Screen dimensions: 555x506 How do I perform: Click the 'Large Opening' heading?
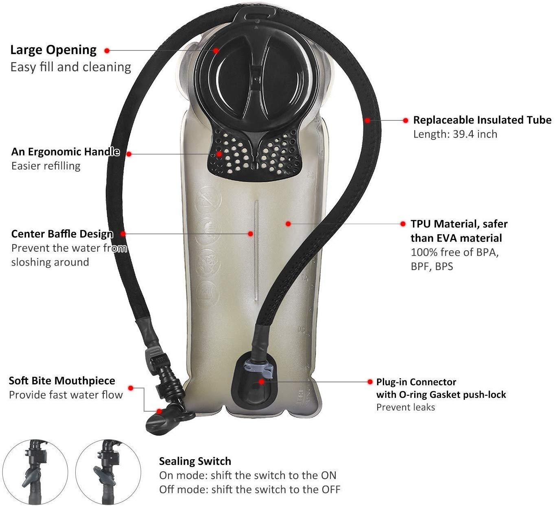(53, 50)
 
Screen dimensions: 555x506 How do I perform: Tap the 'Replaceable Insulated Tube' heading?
(482, 120)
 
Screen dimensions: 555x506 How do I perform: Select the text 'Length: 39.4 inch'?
(455, 134)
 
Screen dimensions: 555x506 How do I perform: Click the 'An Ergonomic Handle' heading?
(66, 152)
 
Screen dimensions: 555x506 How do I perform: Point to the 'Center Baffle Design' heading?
(62, 234)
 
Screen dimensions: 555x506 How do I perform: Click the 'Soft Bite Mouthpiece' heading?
(62, 381)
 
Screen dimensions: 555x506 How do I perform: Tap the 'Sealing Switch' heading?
(195, 461)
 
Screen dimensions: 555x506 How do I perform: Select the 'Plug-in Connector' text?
(416, 382)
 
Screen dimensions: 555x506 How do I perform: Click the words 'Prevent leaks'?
(405, 407)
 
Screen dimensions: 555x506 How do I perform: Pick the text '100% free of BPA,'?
(454, 252)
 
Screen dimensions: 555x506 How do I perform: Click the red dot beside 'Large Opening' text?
(107, 50)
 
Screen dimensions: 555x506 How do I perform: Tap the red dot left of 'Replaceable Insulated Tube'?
(405, 120)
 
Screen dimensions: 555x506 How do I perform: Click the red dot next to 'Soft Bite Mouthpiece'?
(131, 388)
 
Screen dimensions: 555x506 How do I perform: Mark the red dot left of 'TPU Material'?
(403, 224)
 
